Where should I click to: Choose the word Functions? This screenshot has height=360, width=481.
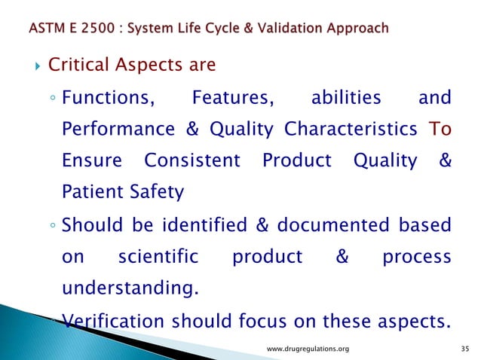pos(110,97)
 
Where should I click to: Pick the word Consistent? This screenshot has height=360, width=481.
pos(191,161)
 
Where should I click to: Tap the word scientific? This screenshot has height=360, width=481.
pos(158,258)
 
